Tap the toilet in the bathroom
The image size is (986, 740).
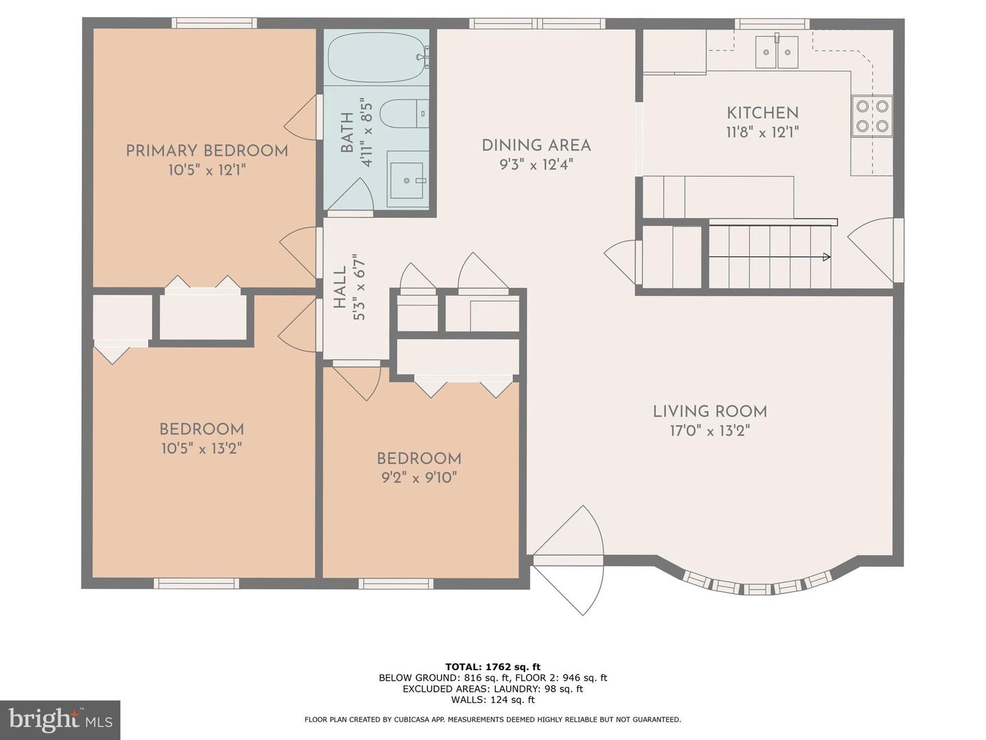click(x=403, y=114)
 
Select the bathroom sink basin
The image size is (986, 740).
click(x=407, y=180)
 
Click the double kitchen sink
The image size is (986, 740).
click(x=776, y=52)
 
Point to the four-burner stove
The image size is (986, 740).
click(x=872, y=116)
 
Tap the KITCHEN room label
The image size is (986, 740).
click(x=762, y=113)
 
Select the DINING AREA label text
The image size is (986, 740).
click(x=536, y=145)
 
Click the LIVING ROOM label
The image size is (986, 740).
click(x=710, y=412)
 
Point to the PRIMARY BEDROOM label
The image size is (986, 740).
click(x=207, y=151)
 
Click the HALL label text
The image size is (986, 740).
click(x=340, y=287)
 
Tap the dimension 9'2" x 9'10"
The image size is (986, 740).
click(x=419, y=478)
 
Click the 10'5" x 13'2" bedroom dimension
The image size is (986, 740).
click(x=202, y=448)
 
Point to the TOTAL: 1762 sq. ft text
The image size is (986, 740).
click(x=493, y=667)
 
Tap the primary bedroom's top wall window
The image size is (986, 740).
click(x=214, y=23)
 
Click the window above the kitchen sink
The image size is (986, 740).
click(x=772, y=24)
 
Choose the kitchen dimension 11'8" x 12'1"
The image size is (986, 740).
click(x=762, y=132)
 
